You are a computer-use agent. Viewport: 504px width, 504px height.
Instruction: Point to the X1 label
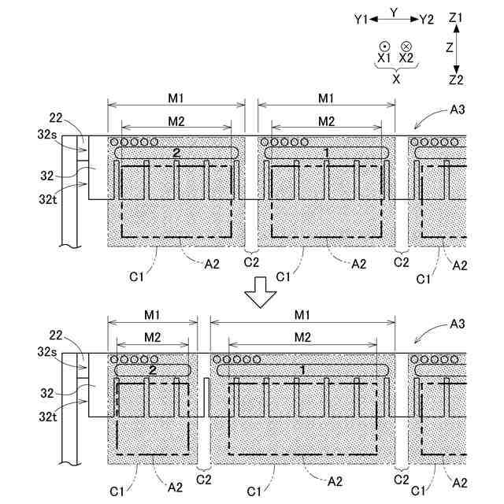pos(384,58)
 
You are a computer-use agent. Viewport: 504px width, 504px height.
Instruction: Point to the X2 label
pos(406,58)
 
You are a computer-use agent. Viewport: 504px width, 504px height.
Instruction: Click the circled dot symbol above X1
pos(384,46)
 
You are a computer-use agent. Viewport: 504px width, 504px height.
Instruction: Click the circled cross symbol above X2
pos(406,46)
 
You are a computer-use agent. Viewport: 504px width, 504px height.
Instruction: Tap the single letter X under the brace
pos(396,80)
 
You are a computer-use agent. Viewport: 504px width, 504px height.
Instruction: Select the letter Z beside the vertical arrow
pos(449,48)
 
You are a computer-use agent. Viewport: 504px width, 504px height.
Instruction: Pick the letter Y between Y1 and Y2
pos(395,13)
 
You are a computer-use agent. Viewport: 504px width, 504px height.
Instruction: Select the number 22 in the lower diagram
pos(55,336)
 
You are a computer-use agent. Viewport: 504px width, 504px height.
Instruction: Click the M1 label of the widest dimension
pos(302,315)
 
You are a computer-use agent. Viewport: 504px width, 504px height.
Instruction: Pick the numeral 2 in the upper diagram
pos(176,151)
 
